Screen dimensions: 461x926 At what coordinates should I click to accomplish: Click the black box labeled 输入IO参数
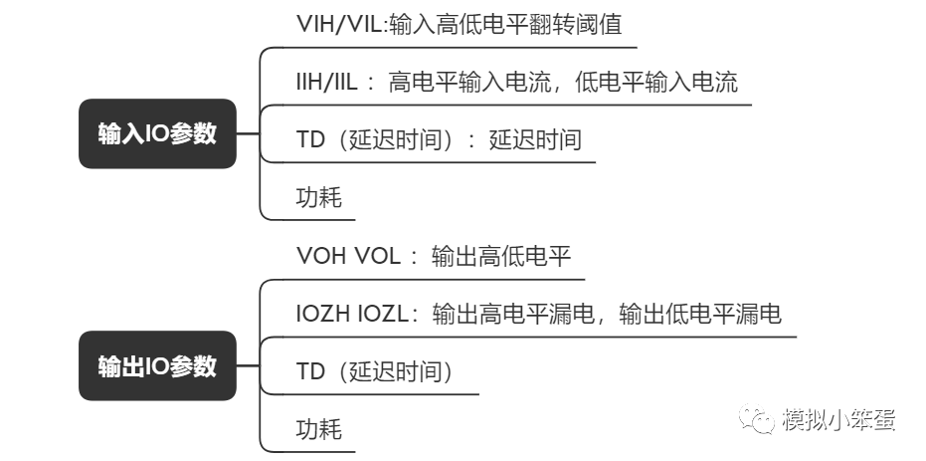[x=157, y=134]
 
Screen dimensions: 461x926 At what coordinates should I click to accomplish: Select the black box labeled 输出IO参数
[x=157, y=366]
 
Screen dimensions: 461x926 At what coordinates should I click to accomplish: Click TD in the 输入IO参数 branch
[x=310, y=139]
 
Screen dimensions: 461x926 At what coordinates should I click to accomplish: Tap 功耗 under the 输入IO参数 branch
[x=318, y=197]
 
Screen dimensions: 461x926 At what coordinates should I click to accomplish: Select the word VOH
[x=319, y=256]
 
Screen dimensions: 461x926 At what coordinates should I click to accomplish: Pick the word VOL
[x=375, y=256]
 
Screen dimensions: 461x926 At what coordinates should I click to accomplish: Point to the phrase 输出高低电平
[x=501, y=256]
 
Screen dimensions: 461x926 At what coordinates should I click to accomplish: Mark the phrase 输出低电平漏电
[x=699, y=314]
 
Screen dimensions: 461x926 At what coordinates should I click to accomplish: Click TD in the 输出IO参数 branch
[x=310, y=371]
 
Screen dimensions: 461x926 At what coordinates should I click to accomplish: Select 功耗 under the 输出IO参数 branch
[x=318, y=429]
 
